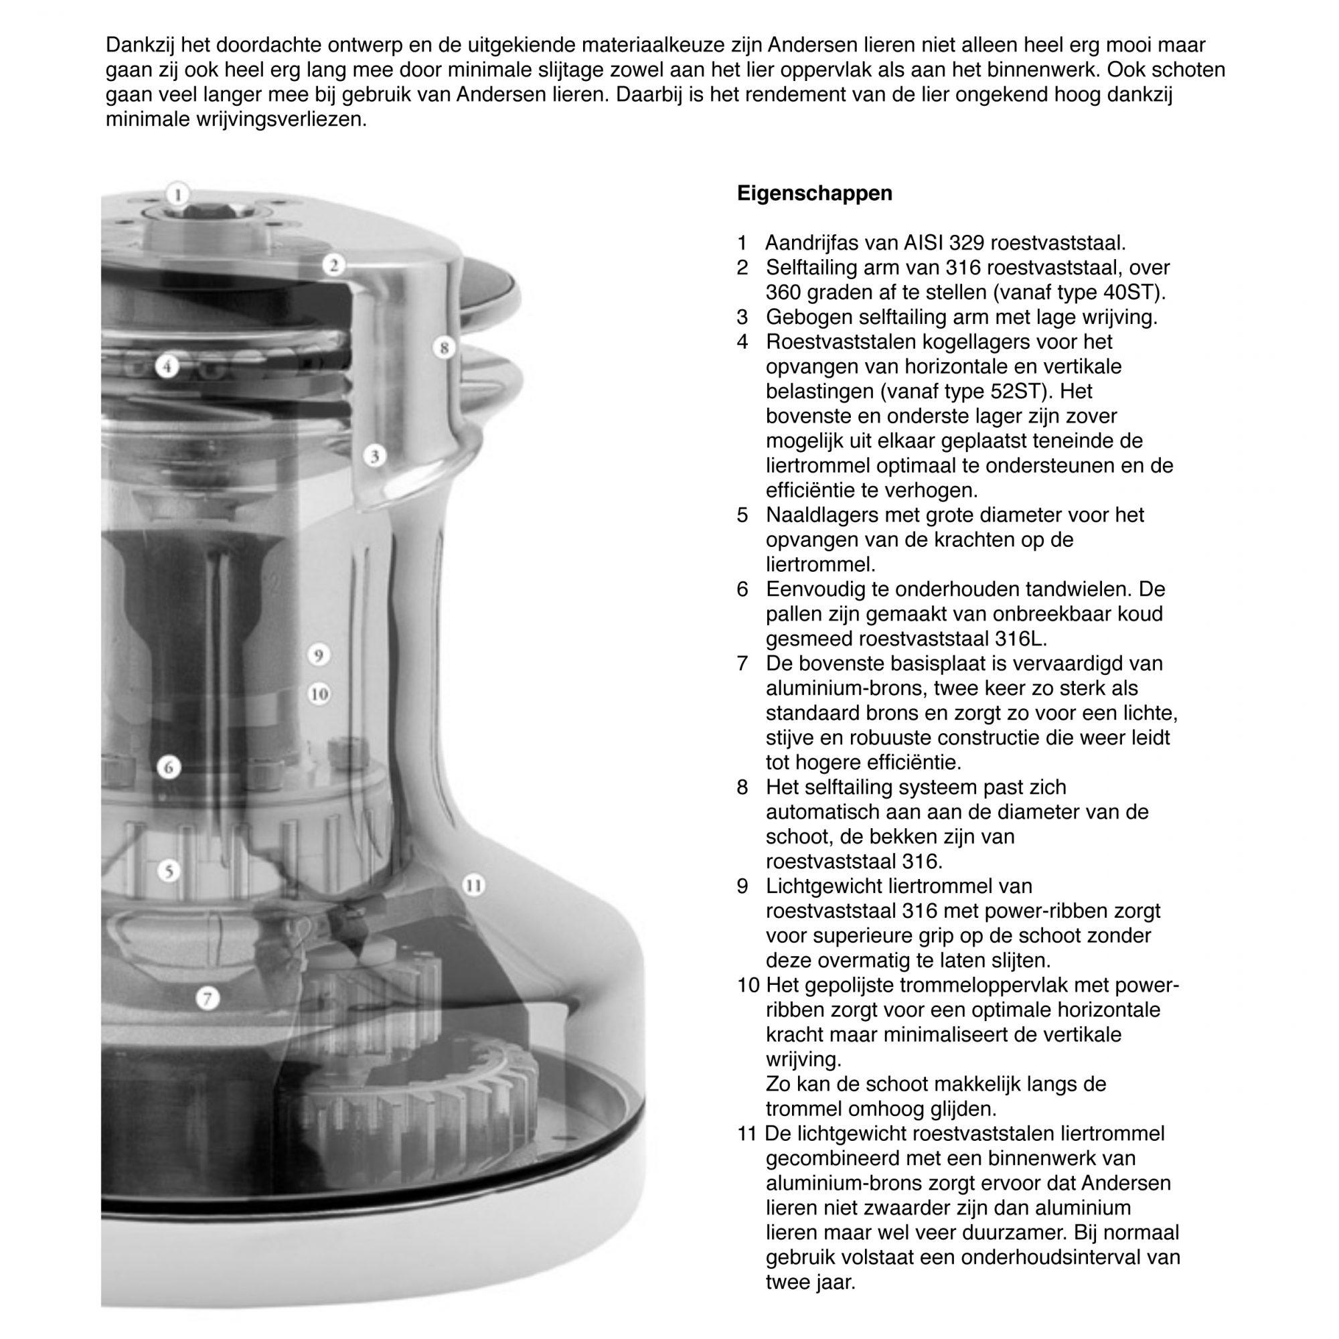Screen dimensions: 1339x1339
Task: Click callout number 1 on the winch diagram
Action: [x=178, y=194]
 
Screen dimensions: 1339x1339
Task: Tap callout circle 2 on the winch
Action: [x=334, y=264]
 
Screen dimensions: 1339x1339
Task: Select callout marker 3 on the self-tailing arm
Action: [x=374, y=456]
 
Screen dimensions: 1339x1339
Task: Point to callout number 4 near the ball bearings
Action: [x=167, y=366]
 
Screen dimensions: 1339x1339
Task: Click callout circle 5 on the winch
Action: [x=169, y=870]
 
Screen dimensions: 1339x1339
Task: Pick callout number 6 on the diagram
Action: [x=169, y=767]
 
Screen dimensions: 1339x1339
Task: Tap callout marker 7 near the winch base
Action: [x=206, y=998]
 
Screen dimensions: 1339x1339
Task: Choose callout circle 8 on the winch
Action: [x=444, y=347]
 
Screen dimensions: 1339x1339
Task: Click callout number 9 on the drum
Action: [x=318, y=655]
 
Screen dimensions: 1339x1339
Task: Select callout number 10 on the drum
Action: [x=318, y=694]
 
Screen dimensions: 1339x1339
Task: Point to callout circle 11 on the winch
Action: [x=473, y=885]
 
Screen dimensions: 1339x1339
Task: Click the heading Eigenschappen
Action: [x=814, y=193]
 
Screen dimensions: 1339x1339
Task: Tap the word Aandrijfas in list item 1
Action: [x=813, y=243]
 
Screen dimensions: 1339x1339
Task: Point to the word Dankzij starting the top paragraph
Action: [x=140, y=46]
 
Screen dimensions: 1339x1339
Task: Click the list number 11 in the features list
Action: [x=746, y=1134]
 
